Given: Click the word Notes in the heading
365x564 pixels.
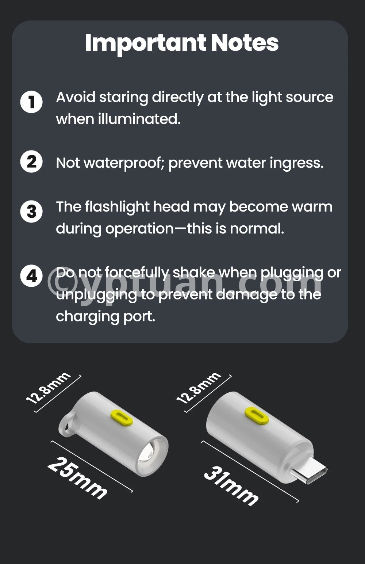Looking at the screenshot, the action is click(245, 43).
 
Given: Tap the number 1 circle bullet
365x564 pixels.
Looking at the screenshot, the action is click(31, 102).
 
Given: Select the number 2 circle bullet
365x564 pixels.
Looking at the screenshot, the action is click(31, 161).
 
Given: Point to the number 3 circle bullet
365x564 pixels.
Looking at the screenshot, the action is click(31, 211).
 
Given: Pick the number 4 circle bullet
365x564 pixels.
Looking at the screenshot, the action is click(31, 276).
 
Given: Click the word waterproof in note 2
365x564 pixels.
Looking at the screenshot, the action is click(122, 163).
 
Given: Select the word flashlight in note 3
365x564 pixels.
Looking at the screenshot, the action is click(117, 207).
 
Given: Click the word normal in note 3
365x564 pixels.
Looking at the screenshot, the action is click(257, 229).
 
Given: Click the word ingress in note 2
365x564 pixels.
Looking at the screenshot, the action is click(297, 163).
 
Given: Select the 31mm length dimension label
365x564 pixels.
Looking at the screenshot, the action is click(231, 486).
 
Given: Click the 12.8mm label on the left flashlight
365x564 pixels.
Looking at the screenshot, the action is click(48, 388).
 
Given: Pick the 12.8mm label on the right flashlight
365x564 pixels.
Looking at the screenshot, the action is click(199, 388).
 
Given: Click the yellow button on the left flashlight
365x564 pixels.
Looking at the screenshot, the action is click(122, 418).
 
